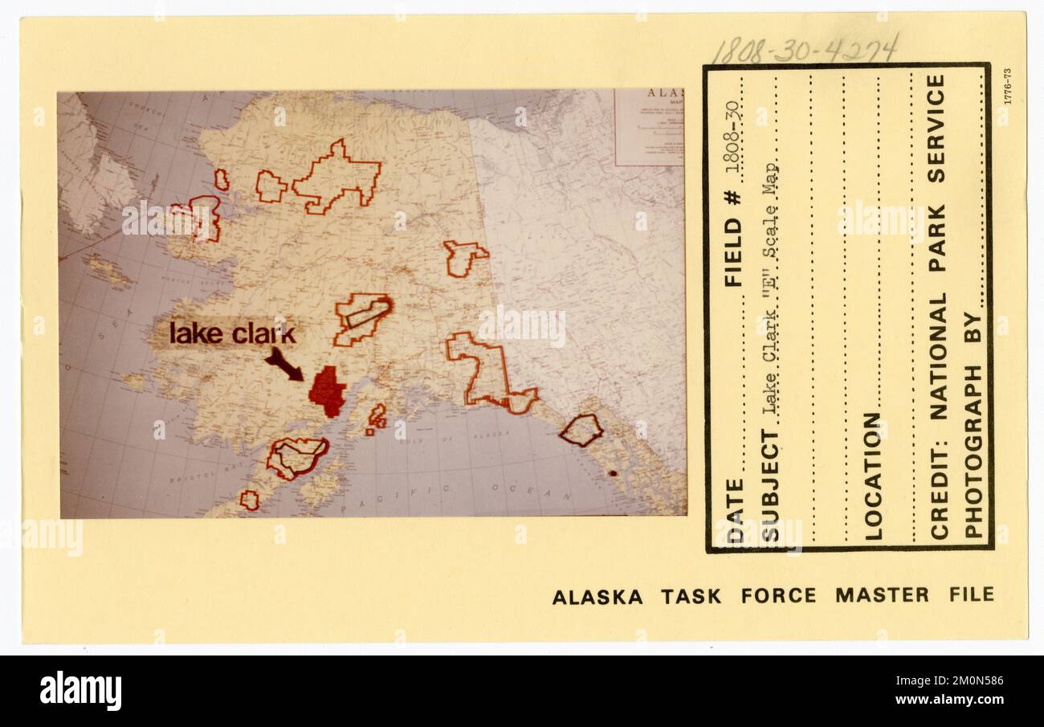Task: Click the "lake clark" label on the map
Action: point(232,333)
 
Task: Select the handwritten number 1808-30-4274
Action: point(804,50)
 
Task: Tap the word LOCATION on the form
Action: point(872,476)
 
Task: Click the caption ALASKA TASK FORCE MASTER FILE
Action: point(773,596)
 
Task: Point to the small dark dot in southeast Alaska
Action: point(613,473)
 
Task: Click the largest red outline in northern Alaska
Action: point(336,178)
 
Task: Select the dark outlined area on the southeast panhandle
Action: point(581,430)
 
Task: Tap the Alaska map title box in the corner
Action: point(649,127)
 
